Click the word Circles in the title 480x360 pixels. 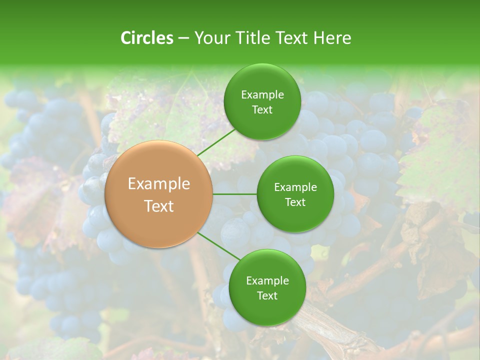[146, 38]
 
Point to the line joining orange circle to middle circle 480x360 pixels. [234, 194]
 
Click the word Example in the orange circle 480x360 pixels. [159, 184]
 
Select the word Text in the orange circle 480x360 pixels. [159, 206]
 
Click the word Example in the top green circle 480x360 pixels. [262, 95]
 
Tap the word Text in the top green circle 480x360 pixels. [262, 109]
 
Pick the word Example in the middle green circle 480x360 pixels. [295, 187]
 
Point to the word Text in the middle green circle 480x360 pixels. [295, 202]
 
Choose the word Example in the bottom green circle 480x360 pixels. [267, 281]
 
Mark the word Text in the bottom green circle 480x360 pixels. [267, 295]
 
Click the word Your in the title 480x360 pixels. [209, 38]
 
